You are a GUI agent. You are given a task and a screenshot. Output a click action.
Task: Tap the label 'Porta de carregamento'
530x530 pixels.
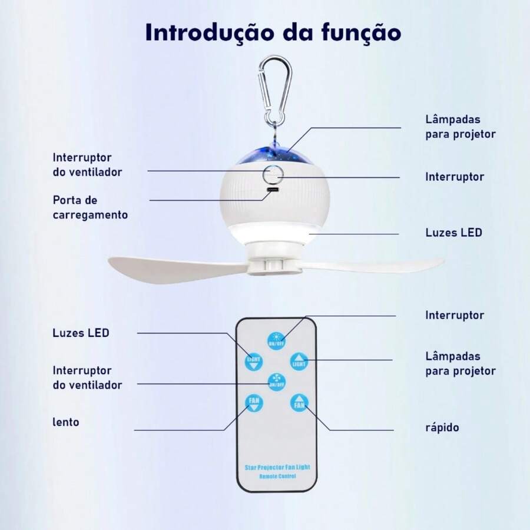click(x=90, y=207)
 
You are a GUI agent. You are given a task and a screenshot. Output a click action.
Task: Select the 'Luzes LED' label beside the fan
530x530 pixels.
click(x=453, y=232)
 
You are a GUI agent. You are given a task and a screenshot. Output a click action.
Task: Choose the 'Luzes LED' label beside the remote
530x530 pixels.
click(x=81, y=333)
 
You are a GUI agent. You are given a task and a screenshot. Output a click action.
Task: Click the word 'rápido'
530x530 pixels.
click(x=441, y=427)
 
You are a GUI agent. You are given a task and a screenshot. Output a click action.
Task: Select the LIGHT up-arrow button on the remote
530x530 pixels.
click(x=299, y=361)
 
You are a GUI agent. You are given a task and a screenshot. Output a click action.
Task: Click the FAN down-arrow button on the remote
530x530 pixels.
click(x=254, y=403)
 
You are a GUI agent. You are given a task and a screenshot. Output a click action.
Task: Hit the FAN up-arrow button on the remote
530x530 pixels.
click(x=299, y=403)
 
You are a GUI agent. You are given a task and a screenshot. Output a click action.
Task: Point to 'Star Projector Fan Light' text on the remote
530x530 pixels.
click(x=277, y=467)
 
